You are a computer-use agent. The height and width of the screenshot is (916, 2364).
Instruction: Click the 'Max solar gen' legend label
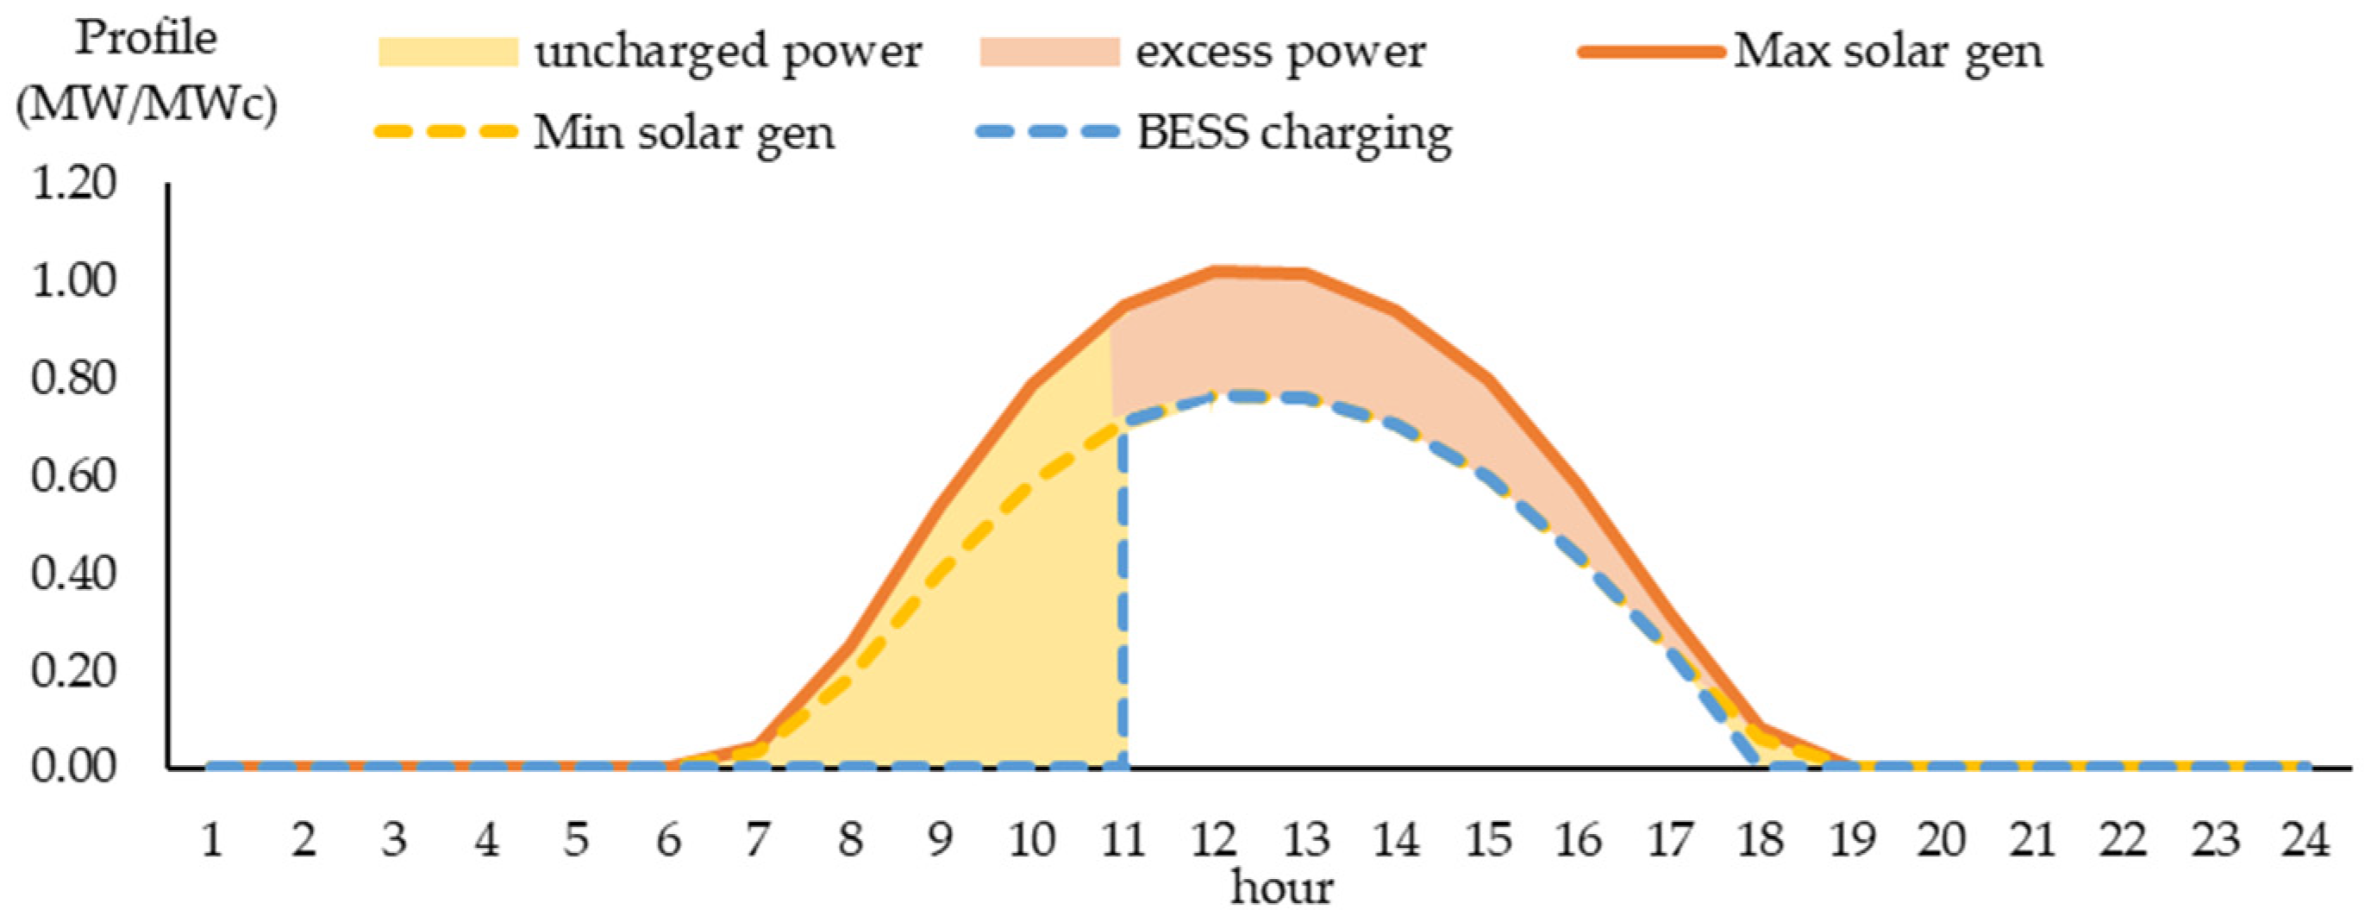click(1888, 52)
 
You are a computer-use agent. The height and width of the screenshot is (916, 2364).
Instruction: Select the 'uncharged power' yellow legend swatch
click(447, 53)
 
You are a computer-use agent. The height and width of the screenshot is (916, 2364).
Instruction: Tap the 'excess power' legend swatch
click(1049, 53)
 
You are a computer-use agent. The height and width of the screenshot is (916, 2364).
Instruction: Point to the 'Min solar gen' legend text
click(684, 134)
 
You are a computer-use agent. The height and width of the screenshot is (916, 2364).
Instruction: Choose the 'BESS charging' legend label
click(1294, 134)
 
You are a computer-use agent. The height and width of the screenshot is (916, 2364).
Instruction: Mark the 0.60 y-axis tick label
click(74, 476)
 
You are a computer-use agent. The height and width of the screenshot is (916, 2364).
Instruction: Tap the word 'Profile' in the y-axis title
click(146, 40)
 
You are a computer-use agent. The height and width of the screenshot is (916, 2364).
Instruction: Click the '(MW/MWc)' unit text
click(146, 106)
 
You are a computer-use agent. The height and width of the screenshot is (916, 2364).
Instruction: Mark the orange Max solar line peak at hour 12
click(1214, 272)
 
